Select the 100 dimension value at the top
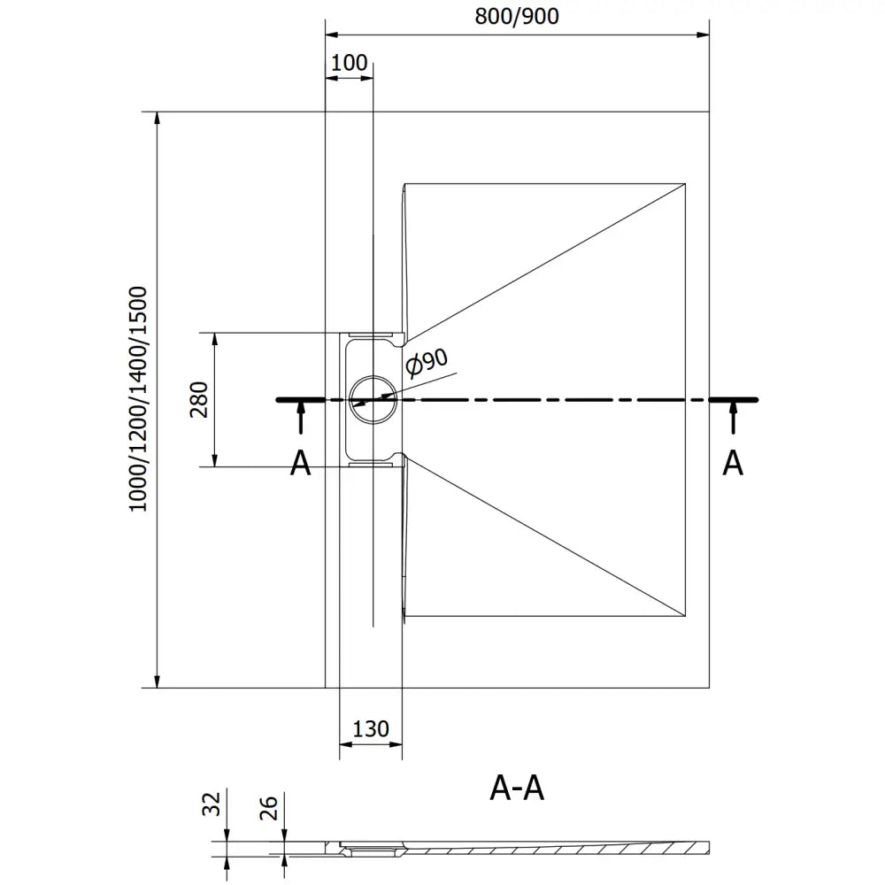pyautogui.click(x=349, y=63)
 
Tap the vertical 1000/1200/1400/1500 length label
pyautogui.click(x=138, y=399)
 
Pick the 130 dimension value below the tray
pyautogui.click(x=371, y=728)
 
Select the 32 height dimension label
pyautogui.click(x=211, y=804)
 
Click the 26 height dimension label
pyautogui.click(x=269, y=807)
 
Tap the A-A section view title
pyautogui.click(x=517, y=788)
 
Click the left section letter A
pyautogui.click(x=301, y=463)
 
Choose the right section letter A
pyautogui.click(x=733, y=463)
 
